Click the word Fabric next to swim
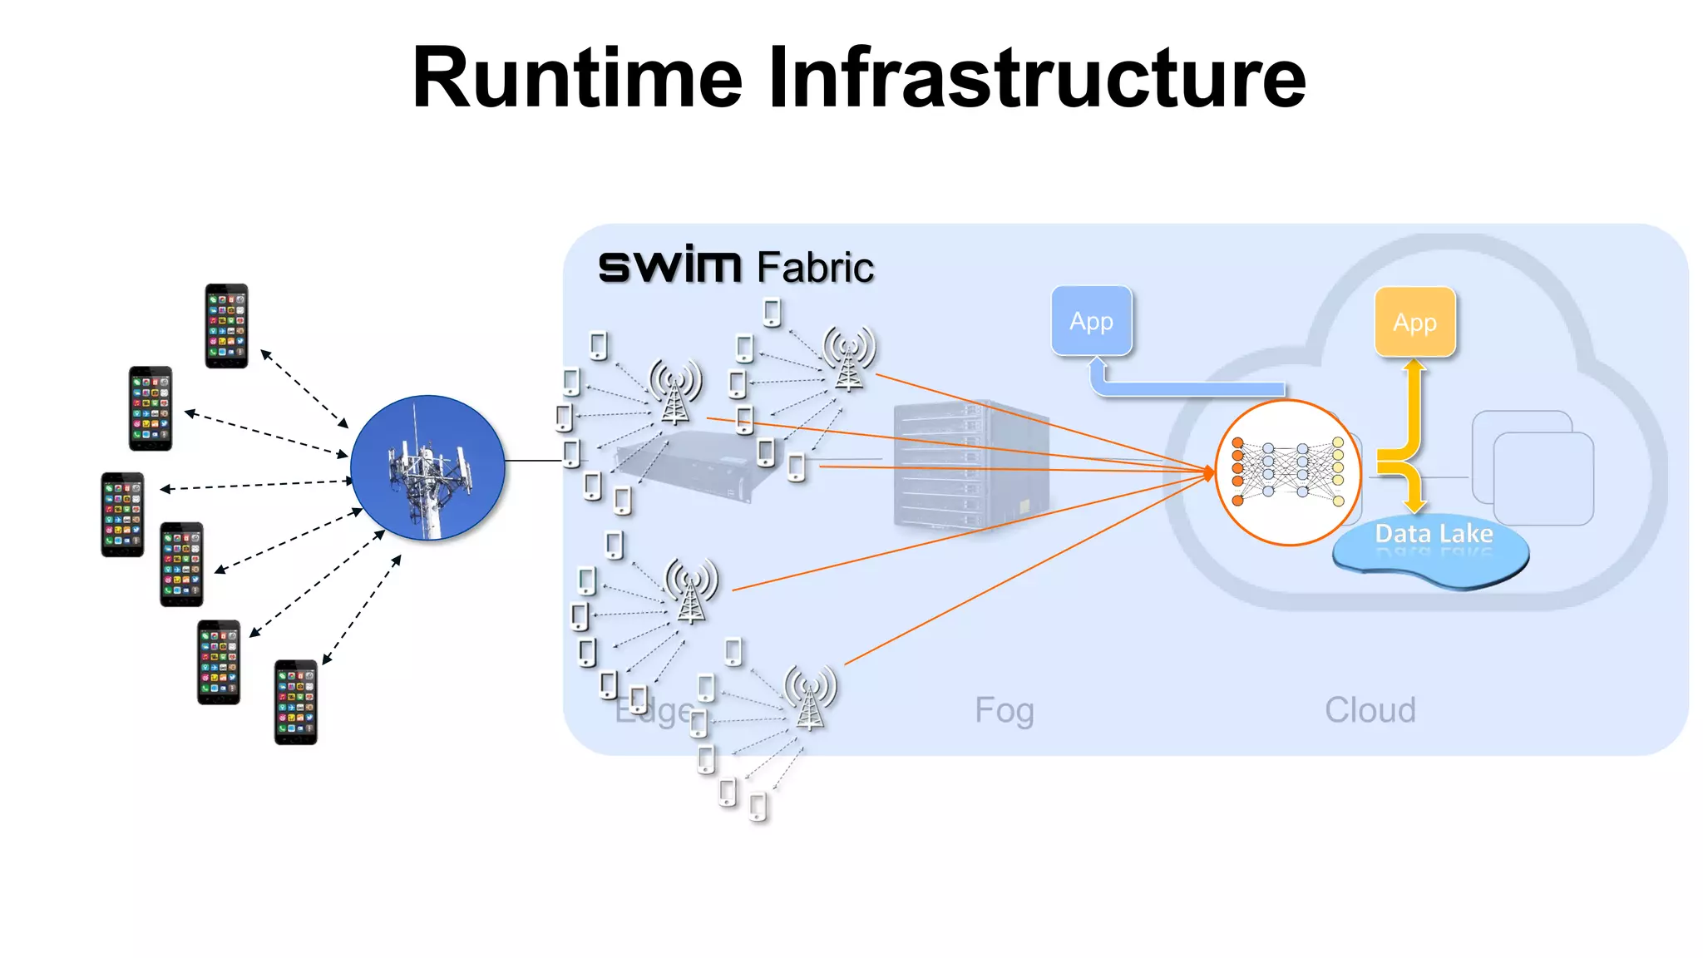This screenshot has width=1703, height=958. coord(815,268)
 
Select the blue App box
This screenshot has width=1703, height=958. coord(1091,321)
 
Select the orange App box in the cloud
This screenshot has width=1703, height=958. coord(1414,322)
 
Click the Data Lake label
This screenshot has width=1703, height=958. coord(1434,534)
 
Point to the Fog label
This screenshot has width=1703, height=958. coord(1004,710)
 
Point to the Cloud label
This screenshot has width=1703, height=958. coord(1370,710)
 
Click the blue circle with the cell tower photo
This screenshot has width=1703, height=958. coord(427,467)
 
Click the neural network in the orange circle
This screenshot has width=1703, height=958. coord(1287,472)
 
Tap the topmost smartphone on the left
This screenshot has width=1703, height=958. coord(226,326)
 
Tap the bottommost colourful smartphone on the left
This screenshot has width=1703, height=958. coord(296,702)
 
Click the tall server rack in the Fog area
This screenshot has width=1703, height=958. coord(970,466)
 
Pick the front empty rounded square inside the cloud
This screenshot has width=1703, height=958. coord(1543,480)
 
